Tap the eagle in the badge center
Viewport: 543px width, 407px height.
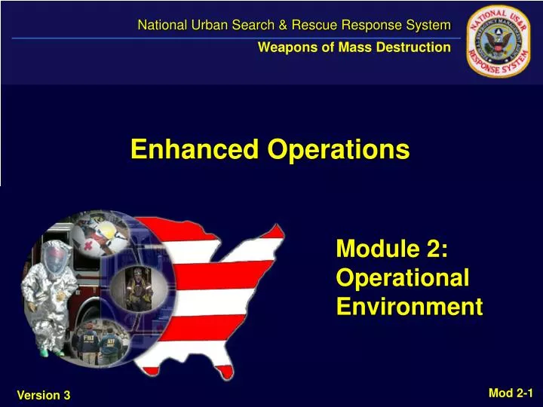[x=499, y=42]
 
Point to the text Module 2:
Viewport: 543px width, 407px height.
[x=392, y=247]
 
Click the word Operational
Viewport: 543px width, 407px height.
[x=403, y=277]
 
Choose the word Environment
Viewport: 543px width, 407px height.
[x=409, y=307]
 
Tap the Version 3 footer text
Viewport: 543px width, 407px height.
[x=43, y=395]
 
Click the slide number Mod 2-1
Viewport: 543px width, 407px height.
[x=511, y=392]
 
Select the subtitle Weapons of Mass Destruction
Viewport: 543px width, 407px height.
[x=354, y=47]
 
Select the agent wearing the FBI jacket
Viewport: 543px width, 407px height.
[x=84, y=343]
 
